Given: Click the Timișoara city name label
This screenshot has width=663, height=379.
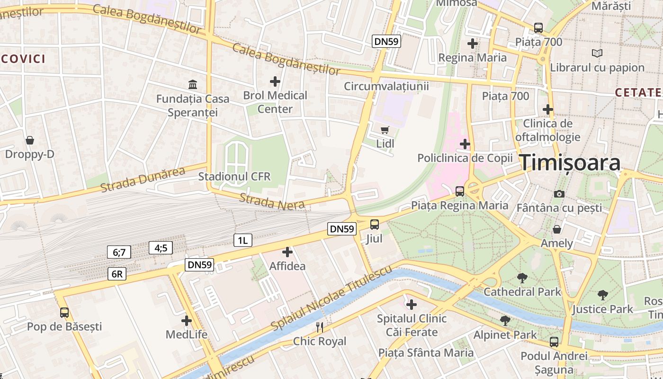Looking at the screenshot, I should [570, 163].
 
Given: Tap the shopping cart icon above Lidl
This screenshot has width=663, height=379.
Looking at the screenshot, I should [385, 129].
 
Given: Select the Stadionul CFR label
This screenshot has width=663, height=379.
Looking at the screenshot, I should [234, 177].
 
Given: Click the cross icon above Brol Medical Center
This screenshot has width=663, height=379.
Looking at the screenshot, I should [275, 81].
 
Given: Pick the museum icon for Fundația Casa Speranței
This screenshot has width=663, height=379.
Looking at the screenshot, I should [193, 85].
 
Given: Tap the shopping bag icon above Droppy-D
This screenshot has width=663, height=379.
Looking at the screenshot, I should [30, 140].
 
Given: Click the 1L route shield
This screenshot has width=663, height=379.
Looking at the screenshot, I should [242, 240].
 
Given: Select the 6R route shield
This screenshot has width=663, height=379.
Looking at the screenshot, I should [116, 274].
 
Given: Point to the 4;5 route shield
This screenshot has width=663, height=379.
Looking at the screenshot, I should [161, 248].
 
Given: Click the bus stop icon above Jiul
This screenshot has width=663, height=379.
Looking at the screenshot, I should [375, 224].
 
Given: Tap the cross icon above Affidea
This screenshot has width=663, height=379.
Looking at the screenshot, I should [287, 252].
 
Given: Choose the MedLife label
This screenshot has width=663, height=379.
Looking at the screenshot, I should [186, 334].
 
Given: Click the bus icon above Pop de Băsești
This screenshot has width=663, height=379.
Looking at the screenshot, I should [64, 313].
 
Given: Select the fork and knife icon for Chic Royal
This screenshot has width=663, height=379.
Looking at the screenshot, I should [320, 327].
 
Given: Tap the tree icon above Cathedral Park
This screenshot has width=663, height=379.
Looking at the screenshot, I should [522, 278].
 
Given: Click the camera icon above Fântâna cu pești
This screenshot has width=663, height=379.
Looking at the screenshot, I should [559, 194].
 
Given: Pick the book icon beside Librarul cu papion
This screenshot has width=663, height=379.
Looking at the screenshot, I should [598, 54].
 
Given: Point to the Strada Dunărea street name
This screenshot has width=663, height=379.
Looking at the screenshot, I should [143, 180].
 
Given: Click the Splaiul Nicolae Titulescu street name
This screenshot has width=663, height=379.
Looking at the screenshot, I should [331, 298].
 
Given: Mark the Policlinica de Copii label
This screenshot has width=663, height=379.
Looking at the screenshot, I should [465, 158].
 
